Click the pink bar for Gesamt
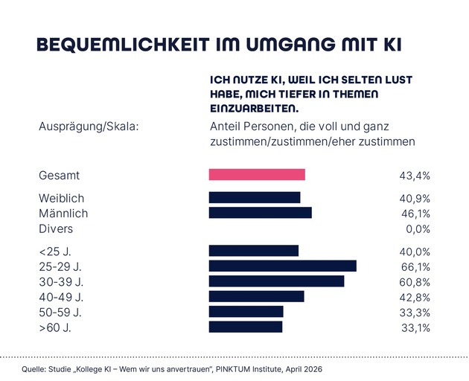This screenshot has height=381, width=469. coord(257,175)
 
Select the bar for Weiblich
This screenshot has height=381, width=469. coord(254,198)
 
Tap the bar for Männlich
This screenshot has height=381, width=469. coord(260,213)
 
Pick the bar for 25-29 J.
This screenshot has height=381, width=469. coord(282,266)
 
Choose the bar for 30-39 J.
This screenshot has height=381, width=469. coord(276,281)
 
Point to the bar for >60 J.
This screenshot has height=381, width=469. coord(246,327)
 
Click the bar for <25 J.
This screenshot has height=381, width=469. coord(253,251)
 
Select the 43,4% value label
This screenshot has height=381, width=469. coord(415,176)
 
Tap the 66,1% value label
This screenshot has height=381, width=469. coord(415,266)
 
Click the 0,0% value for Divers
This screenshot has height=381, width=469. coord(417,228)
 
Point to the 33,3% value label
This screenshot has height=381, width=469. coord(415,312)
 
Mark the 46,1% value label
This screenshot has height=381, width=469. coord(415,214)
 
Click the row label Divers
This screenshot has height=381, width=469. coord(56,228)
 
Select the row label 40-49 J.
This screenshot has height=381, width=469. coord(60,296)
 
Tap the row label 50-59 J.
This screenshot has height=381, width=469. coord(60,312)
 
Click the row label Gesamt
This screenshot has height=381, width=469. coord(59,176)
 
